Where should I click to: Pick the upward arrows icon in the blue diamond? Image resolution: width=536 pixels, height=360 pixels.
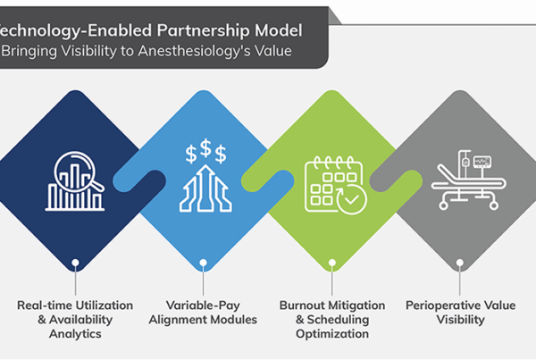pos(204,188)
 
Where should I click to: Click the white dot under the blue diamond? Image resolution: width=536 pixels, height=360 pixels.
pos(204,264)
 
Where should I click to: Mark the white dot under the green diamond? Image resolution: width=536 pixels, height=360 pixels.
pos(331,264)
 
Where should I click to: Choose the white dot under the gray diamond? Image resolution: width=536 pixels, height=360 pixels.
pos(459,264)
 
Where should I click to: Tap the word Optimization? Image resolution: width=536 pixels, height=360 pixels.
pos(331,334)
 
